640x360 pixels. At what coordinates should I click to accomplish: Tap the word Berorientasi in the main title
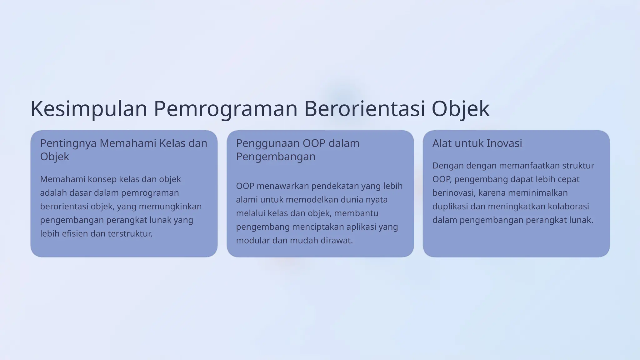coord(364,109)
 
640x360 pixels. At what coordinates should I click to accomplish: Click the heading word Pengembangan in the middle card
coord(276,157)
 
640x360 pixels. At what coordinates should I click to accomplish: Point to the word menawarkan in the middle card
coord(282,186)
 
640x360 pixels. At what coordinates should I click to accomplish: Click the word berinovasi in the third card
coord(453,193)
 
